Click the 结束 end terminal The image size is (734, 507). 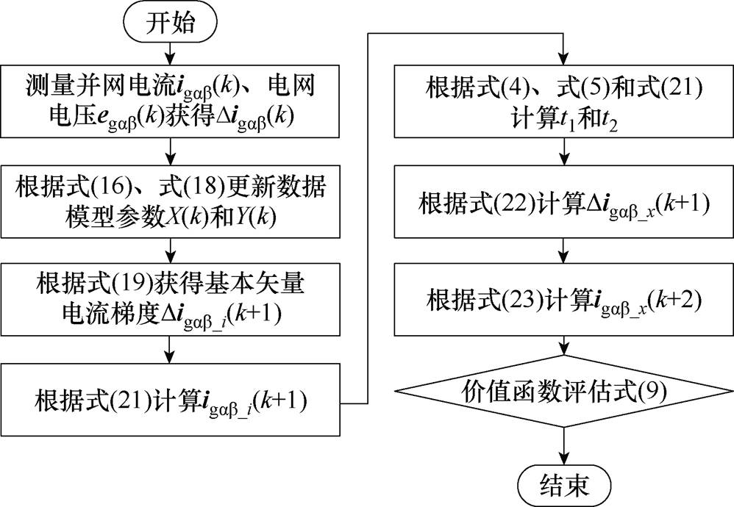(x=564, y=484)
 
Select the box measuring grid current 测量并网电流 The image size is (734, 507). (x=171, y=104)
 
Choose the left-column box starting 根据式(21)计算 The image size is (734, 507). (x=171, y=403)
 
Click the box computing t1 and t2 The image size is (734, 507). (x=564, y=104)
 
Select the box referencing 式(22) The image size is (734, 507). (x=564, y=203)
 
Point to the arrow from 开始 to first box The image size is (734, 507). (x=171, y=53)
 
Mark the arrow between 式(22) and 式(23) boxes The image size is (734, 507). (x=564, y=252)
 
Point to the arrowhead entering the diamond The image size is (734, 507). (x=564, y=350)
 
